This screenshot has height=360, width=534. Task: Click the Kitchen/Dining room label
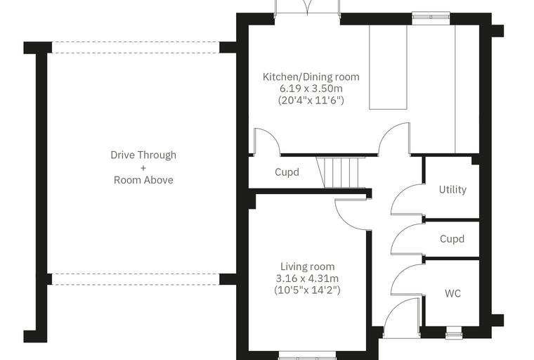click(x=311, y=77)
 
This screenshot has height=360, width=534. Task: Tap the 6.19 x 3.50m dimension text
click(x=311, y=89)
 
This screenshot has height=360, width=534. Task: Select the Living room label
click(x=308, y=266)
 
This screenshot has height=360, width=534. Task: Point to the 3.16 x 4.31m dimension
click(x=307, y=278)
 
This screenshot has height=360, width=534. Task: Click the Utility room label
click(x=452, y=190)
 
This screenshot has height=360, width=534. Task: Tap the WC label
click(x=452, y=293)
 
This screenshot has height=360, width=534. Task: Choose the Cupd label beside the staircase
click(x=287, y=172)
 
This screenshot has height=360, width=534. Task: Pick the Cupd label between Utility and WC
click(x=452, y=238)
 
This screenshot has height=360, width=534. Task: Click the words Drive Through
click(x=143, y=155)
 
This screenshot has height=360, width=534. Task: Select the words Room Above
click(x=143, y=180)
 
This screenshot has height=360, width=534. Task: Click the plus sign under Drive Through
click(x=143, y=168)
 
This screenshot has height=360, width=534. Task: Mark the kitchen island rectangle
click(x=389, y=67)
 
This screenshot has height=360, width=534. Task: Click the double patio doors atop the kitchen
click(x=308, y=8)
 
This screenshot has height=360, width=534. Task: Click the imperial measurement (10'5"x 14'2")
click(x=307, y=290)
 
